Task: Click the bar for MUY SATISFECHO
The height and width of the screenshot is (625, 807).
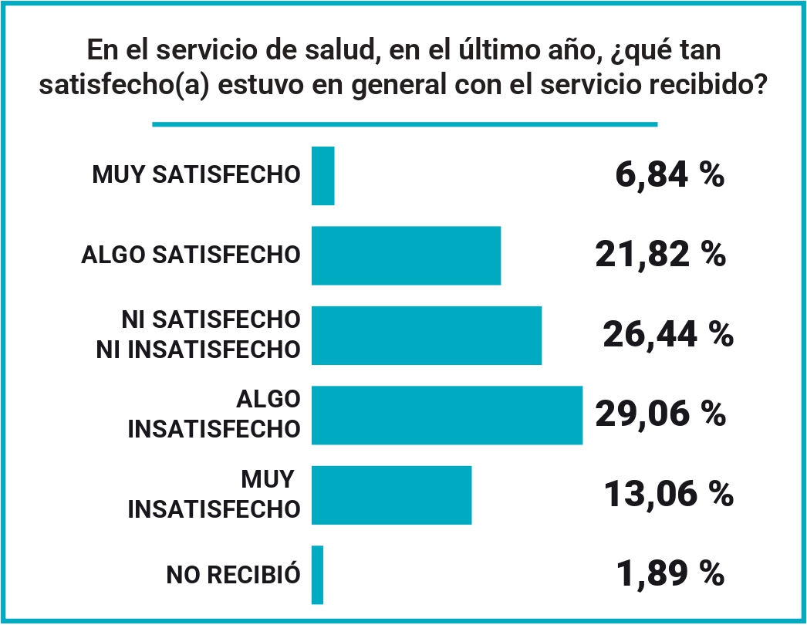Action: (x=322, y=176)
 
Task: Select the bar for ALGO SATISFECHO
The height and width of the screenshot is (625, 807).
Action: (x=406, y=255)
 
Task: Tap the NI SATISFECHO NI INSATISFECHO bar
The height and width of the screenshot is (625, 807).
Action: (x=426, y=335)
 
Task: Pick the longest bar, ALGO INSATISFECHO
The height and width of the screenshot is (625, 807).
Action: (x=447, y=415)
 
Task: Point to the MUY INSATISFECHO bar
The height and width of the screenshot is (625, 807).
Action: (x=391, y=495)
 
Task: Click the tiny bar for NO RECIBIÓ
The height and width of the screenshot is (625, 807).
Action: (x=317, y=575)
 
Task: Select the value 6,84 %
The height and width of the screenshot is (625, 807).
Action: (x=670, y=175)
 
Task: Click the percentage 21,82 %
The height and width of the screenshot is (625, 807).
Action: (x=660, y=255)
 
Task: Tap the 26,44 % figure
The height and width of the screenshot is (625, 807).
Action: (x=667, y=335)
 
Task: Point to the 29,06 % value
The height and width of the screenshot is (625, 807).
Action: (x=660, y=414)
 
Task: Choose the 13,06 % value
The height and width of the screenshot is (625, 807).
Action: (x=667, y=494)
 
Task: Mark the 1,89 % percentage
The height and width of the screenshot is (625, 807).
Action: (x=670, y=574)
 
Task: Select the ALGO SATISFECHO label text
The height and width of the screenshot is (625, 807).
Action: (x=191, y=255)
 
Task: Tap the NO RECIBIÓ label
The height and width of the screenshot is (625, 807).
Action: (x=233, y=575)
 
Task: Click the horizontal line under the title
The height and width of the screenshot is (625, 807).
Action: (x=404, y=124)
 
